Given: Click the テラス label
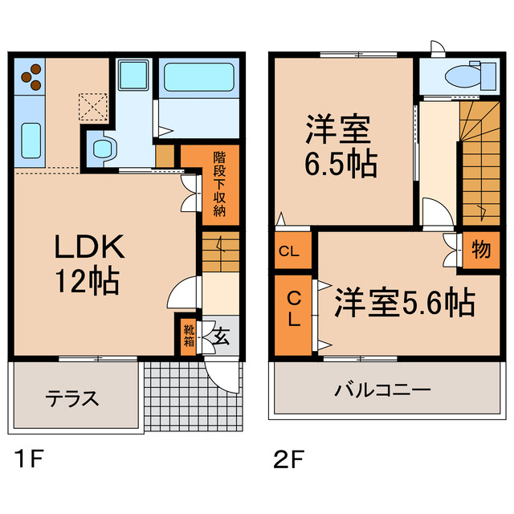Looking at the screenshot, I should [x=71, y=398].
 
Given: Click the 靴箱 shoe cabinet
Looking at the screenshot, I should [x=188, y=334].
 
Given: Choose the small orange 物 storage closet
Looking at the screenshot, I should [x=479, y=250].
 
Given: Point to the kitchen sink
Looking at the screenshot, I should [x=31, y=139].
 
